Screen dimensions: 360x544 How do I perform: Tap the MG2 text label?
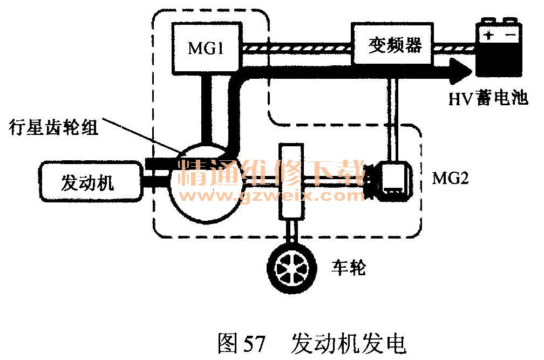tap(450, 177)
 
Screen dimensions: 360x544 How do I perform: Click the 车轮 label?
tap(348, 267)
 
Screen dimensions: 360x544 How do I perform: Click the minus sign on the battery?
tap(509, 35)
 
